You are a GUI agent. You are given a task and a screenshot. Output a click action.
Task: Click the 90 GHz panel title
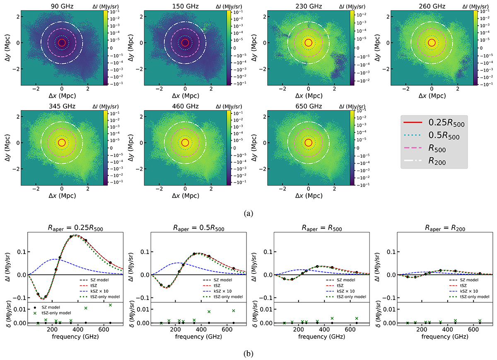coord(62,6)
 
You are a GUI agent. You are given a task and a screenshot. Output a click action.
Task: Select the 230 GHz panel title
coord(308,6)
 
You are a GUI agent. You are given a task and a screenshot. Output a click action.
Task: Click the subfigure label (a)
coord(248,214)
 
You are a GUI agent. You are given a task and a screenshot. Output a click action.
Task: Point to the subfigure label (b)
coord(248,354)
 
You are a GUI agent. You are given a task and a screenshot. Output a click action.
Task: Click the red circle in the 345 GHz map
coord(62,143)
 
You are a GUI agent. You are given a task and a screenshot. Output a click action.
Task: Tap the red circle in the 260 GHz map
coord(432,42)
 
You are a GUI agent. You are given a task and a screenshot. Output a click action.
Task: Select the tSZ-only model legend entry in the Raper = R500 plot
coord(348,296)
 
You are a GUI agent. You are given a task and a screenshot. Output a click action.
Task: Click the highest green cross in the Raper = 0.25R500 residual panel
coord(110,305)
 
